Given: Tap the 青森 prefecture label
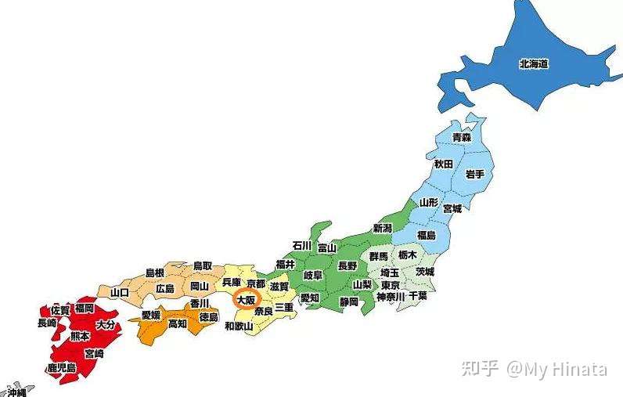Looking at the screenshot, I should coord(462,137).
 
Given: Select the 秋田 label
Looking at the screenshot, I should coord(444,164).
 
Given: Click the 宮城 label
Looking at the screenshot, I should coord(452,209).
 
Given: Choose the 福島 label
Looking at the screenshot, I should coord(427,235).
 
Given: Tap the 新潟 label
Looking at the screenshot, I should coord(382,229).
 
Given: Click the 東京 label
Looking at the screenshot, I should coord(390,285).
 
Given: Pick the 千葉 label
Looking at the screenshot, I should coord(417,296).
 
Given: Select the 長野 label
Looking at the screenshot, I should coord(347,265).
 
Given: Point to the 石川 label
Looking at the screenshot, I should coord(302,245).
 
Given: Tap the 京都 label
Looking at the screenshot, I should coord(256,283).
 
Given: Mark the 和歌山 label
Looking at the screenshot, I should coord(239,326).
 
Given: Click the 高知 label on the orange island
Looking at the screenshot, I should coord(178,323).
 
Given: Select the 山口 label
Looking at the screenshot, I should coord(120,292).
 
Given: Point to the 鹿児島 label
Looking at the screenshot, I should coord(60,367).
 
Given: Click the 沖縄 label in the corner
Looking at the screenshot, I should coord(16,391).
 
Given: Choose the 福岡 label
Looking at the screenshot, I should coord(85,309).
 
